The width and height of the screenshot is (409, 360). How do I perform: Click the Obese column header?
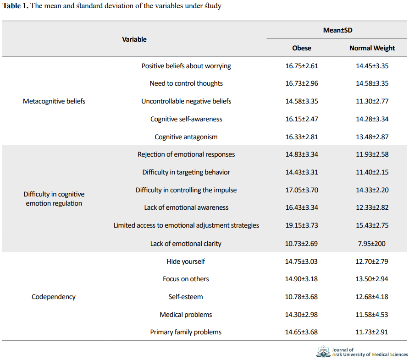302,48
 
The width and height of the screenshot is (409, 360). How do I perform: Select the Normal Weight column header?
372,48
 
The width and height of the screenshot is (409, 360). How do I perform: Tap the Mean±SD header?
337,30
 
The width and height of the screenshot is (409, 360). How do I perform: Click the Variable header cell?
134,39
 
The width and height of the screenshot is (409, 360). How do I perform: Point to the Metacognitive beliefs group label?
54,101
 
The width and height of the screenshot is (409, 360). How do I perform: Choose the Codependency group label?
54,297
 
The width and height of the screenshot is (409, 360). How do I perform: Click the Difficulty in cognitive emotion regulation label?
54,199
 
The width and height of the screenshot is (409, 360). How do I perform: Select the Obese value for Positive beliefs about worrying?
302,66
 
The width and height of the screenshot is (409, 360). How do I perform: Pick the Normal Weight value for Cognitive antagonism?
372,137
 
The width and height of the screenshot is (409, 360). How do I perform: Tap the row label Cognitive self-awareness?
186,119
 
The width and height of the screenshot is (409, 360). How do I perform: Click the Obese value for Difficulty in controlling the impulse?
302,190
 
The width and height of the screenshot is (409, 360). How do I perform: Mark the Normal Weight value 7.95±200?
372,244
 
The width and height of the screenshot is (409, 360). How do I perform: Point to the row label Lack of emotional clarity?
186,244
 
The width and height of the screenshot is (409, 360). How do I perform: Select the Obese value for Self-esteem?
301,297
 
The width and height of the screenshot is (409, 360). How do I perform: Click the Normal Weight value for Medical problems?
372,315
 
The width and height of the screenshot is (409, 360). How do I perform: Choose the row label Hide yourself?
186,261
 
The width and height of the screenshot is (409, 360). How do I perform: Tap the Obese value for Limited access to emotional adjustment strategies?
302,225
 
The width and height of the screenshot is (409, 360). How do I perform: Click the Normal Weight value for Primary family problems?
372,332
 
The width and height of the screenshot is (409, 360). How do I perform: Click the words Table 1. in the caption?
16,6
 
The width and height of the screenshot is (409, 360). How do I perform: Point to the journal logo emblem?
323,351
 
